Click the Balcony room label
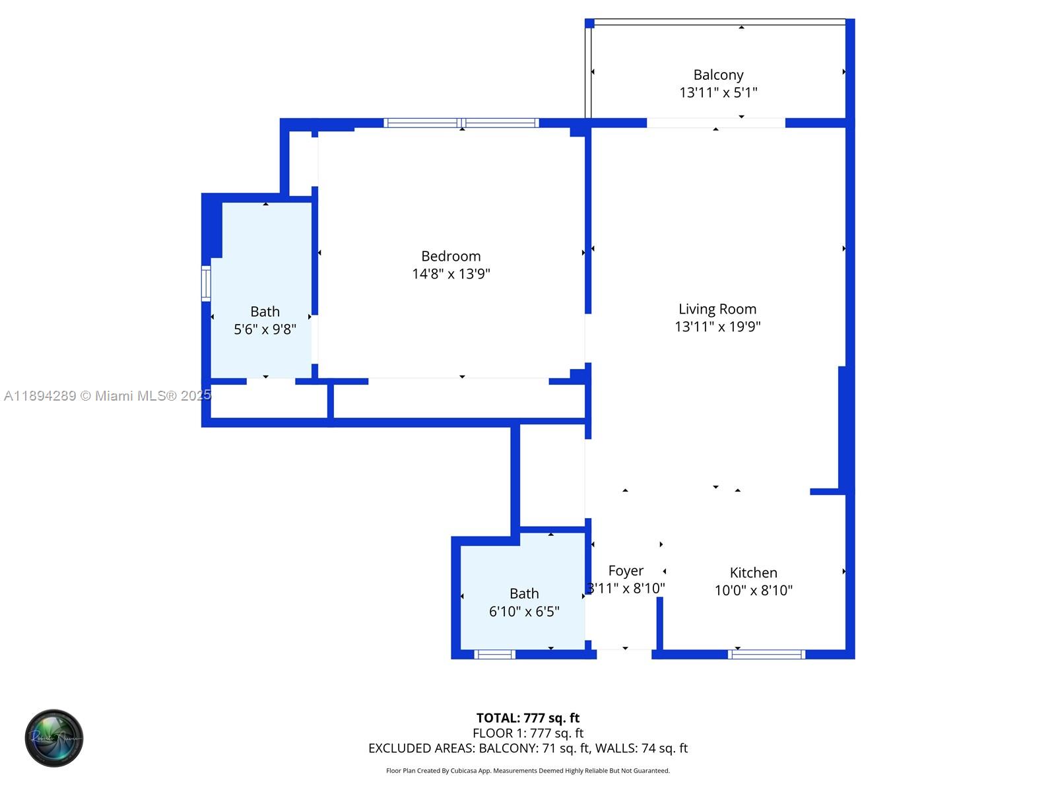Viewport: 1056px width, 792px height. coord(718,75)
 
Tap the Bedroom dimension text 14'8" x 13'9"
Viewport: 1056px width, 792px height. coord(451,274)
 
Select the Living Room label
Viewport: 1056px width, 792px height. coord(717,309)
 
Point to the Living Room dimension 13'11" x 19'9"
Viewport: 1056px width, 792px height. coord(717,327)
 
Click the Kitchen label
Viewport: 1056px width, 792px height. coord(753,573)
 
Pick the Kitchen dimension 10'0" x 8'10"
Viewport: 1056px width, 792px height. coord(753,591)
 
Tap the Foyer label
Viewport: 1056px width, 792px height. coord(626,571)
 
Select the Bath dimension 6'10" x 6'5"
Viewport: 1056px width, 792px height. coord(524,612)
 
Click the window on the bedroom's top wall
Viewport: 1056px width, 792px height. coord(461,123)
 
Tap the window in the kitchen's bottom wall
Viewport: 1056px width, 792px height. coord(766,655)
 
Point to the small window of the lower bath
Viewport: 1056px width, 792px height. coord(495,655)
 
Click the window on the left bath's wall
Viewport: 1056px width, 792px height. coord(206,284)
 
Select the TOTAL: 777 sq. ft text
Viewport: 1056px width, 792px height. coord(528,718)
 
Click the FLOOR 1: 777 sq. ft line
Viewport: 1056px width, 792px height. coord(528,733)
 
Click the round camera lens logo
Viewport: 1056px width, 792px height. coord(54,738)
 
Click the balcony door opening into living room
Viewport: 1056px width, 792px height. coord(715,123)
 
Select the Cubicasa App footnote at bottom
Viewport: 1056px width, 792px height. coord(528,771)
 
